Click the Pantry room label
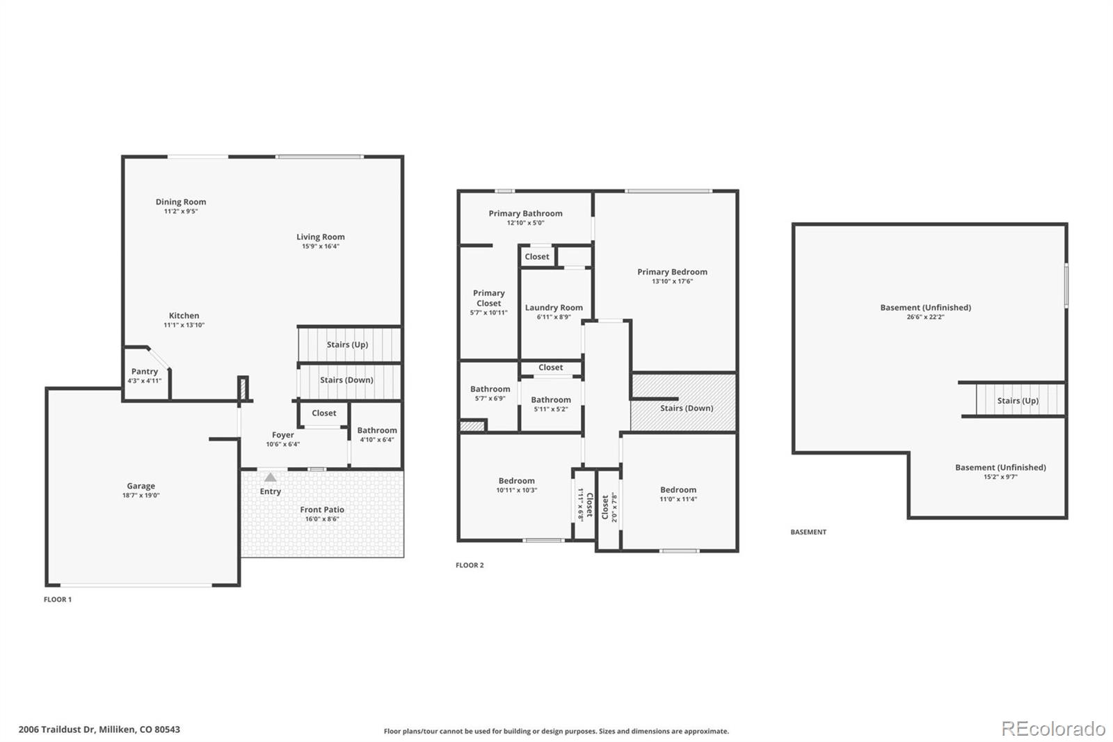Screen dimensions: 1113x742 click(x=145, y=372)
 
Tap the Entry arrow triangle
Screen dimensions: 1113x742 click(x=271, y=477)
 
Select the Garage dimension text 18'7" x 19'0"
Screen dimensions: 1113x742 click(x=141, y=496)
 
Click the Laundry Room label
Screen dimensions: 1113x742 click(x=554, y=308)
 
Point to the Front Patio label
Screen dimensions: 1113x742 click(x=322, y=510)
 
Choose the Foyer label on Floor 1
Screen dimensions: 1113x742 click(x=282, y=435)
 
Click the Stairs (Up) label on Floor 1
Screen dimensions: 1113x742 click(x=347, y=345)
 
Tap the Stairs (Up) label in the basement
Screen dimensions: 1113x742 click(x=1018, y=401)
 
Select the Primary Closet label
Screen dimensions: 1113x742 click(x=489, y=299)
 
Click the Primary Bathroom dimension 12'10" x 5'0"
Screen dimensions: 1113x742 click(x=526, y=223)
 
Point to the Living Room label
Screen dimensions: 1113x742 click(x=321, y=237)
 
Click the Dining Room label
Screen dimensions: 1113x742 click(x=181, y=202)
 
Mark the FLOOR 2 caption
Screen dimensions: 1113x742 click(x=470, y=565)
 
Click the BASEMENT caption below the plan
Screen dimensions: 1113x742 click(x=808, y=532)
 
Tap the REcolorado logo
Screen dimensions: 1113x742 click(x=1053, y=729)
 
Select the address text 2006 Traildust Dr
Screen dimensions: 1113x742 click(x=56, y=729)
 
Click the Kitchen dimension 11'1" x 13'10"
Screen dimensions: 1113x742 click(x=184, y=325)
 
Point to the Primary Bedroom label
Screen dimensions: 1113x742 click(x=672, y=272)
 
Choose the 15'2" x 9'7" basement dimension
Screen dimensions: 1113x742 click(x=1001, y=477)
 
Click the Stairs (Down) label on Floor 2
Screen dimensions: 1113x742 click(x=687, y=409)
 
